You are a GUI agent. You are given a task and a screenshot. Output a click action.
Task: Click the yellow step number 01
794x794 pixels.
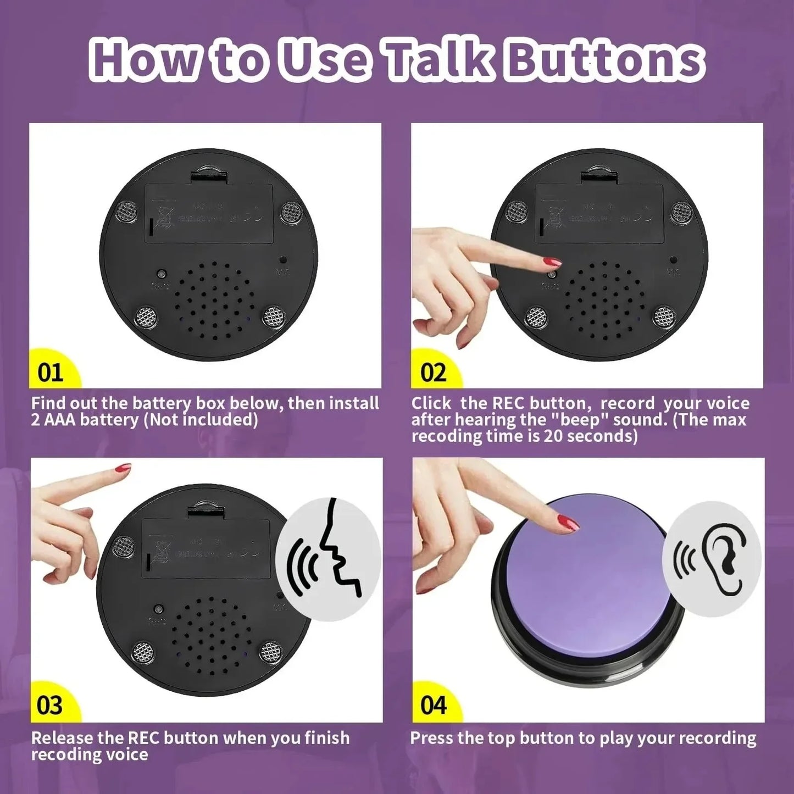click(50, 373)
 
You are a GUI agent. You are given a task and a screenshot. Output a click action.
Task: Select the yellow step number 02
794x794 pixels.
click(433, 373)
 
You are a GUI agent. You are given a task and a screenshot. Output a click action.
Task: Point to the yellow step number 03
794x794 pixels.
click(50, 705)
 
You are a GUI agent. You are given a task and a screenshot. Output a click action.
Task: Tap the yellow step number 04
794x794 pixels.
click(433, 705)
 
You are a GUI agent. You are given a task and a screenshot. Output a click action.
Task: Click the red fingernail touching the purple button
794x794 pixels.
click(569, 523)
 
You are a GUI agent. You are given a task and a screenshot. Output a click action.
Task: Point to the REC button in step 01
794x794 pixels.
click(162, 274)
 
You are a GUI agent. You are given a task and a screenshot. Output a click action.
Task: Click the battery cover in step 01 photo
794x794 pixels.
click(209, 213)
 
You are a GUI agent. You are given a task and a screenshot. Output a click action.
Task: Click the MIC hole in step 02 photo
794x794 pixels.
click(673, 259)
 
